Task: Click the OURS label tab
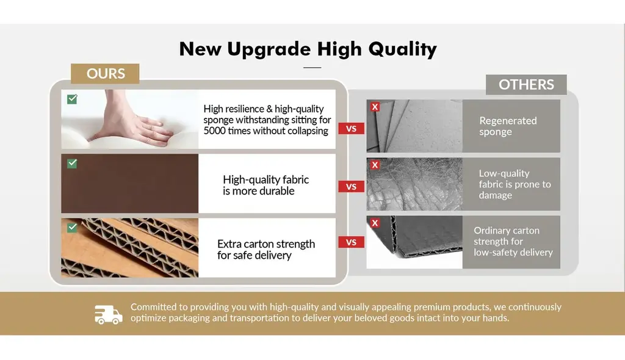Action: point(105,74)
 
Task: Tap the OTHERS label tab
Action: point(526,85)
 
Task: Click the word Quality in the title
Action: point(403,49)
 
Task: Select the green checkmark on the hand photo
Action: point(72,99)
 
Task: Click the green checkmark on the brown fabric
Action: point(72,164)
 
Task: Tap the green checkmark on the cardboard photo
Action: point(72,227)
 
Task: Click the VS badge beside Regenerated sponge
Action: point(351,129)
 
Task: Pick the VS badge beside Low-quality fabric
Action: point(351,187)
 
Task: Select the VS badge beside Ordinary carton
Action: point(351,242)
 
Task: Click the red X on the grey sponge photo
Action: point(375,107)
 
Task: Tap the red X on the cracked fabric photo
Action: point(375,165)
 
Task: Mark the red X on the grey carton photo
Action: point(375,223)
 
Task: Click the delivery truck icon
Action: point(109,315)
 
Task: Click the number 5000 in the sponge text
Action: point(214,131)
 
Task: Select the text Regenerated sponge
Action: point(508,126)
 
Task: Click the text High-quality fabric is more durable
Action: point(266,185)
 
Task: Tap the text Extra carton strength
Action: point(266,243)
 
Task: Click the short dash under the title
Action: point(312,67)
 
